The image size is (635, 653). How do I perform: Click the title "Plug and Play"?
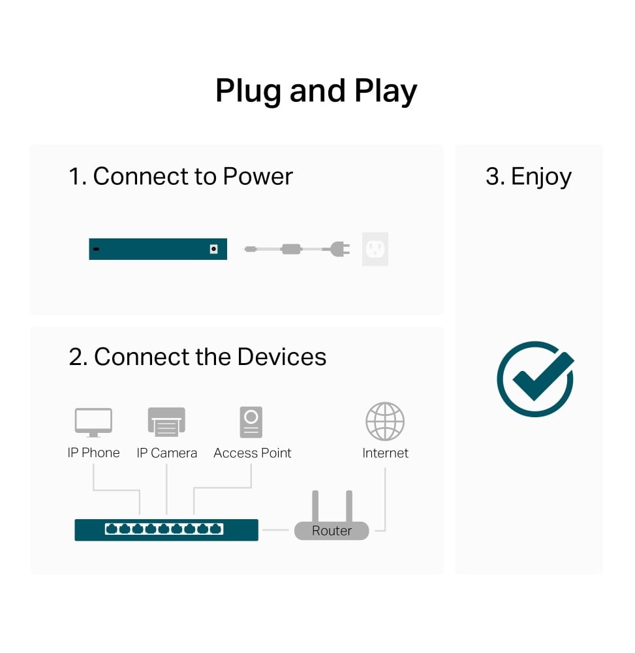tap(316, 91)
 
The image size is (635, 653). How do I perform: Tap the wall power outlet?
tap(375, 249)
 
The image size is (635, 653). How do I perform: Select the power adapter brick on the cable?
tap(290, 249)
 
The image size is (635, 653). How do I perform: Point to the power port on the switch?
tap(213, 249)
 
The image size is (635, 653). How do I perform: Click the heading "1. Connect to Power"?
tap(181, 176)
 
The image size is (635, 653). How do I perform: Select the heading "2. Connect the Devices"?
tap(197, 357)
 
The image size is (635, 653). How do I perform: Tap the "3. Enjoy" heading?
tap(528, 176)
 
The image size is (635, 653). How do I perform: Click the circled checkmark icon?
tap(535, 379)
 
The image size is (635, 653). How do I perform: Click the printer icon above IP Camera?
tap(166, 422)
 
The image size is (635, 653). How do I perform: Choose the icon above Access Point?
tap(251, 422)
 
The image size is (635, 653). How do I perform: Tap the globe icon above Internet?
tap(385, 421)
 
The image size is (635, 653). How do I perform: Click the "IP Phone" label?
tap(93, 453)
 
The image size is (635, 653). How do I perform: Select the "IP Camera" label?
tap(166, 453)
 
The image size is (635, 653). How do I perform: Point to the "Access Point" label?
tap(253, 453)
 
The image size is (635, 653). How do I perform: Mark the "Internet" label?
tap(385, 453)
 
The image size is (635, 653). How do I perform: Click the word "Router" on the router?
tap(332, 531)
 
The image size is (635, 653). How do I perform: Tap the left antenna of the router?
tap(315, 505)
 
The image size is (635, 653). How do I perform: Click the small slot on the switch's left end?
tap(96, 249)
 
